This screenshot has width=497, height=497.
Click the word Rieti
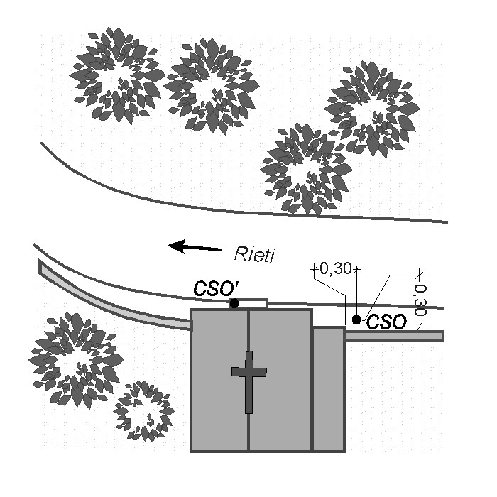(x=254, y=253)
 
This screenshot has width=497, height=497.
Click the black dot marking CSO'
(x=234, y=304)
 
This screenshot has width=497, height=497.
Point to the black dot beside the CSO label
(x=356, y=320)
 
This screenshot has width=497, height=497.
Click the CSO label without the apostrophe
(x=387, y=322)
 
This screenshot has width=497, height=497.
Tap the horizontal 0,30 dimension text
(x=334, y=269)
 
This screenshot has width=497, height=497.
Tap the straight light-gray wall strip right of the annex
(x=394, y=335)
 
